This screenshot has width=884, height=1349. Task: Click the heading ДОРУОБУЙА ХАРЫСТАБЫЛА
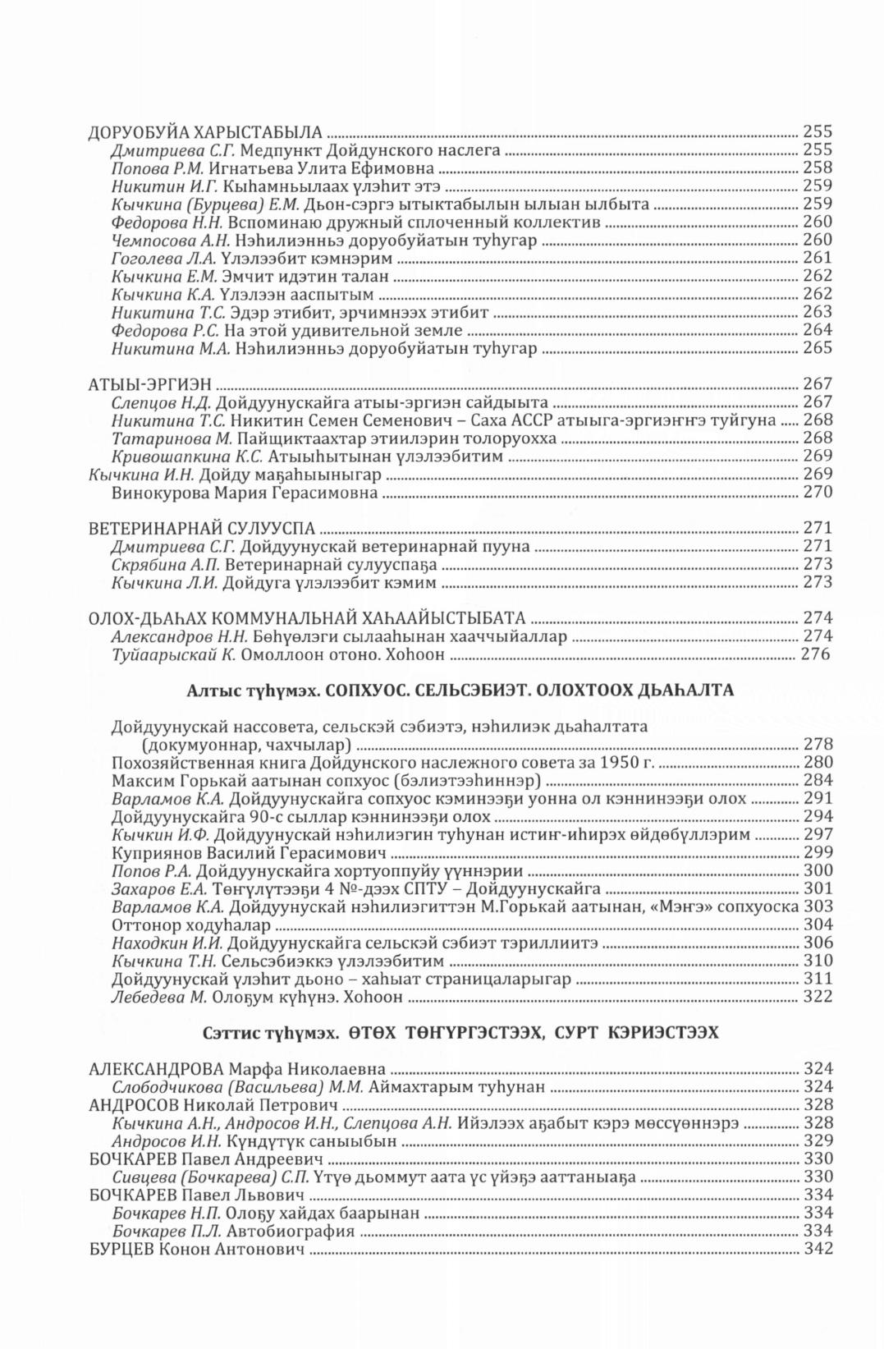click(x=205, y=131)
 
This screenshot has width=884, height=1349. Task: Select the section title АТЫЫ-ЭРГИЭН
click(x=150, y=384)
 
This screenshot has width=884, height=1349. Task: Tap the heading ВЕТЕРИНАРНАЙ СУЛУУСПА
click(x=201, y=529)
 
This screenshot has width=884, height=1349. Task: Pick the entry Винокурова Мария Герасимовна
click(x=244, y=493)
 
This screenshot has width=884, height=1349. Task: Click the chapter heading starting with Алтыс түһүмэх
click(x=460, y=691)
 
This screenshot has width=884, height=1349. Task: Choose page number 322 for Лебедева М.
click(x=817, y=998)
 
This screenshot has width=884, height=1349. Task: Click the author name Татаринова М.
click(x=173, y=438)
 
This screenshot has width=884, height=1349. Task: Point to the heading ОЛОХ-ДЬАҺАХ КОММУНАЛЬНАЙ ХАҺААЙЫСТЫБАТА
click(x=306, y=619)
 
